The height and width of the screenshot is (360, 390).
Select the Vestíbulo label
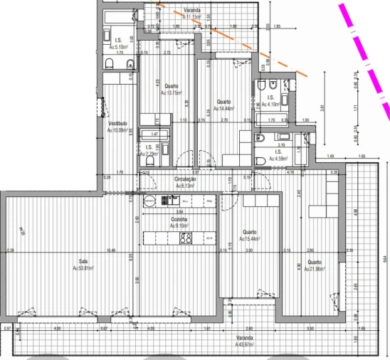[x=117, y=123]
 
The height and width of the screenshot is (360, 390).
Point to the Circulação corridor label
[x=184, y=179]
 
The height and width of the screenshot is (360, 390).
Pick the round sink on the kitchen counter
[x=149, y=201]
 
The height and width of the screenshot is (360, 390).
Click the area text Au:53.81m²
[x=83, y=268]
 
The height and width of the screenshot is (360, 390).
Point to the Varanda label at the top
[x=191, y=10]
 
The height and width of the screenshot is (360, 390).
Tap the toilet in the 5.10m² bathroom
[x=109, y=65]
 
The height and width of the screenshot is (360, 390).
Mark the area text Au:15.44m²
[x=249, y=239]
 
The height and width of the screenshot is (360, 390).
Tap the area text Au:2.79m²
[x=148, y=154]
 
